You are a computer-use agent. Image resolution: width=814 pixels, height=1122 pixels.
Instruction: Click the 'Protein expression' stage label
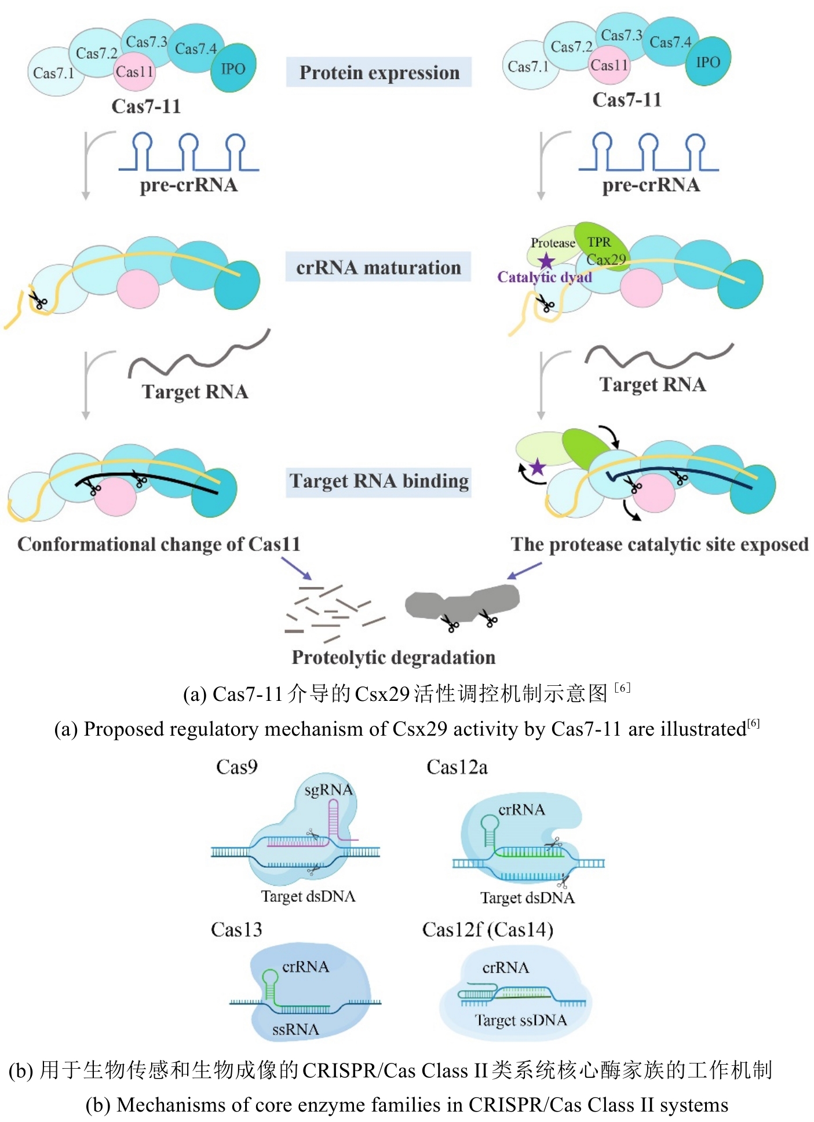click(379, 72)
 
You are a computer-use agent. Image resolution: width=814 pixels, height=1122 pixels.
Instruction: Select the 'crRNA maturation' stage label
click(378, 268)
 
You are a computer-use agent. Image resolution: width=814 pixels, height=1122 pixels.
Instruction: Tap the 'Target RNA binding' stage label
click(379, 481)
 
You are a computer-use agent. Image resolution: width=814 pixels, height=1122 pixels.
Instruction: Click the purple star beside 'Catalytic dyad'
click(546, 261)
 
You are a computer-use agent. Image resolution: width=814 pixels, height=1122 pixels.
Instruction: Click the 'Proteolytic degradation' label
click(393, 657)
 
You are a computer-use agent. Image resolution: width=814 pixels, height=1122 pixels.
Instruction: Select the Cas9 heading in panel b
click(236, 767)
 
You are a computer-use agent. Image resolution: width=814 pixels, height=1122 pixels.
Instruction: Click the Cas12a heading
click(457, 767)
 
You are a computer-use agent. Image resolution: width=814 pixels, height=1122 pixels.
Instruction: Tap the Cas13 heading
click(236, 929)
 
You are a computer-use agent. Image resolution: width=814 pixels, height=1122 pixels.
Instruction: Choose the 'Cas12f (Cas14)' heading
click(487, 929)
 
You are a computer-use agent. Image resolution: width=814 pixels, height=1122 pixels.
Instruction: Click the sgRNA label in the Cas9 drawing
click(328, 790)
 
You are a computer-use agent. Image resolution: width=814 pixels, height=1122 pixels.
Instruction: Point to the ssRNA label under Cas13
click(295, 1029)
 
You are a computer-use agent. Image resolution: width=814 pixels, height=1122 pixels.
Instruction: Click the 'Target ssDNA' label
click(520, 1020)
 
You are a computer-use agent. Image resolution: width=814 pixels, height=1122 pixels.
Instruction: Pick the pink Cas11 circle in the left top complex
click(134, 72)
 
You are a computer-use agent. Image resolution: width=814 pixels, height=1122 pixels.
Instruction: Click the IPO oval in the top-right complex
click(707, 62)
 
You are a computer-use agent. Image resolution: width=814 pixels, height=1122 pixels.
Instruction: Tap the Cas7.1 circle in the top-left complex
click(53, 73)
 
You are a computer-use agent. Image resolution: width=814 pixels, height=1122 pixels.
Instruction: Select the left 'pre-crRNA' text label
click(188, 185)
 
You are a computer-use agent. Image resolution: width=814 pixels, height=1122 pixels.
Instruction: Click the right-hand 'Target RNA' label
click(652, 385)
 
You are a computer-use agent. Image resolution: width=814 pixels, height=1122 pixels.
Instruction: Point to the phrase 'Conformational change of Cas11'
click(159, 544)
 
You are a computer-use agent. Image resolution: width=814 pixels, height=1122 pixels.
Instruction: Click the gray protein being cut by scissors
click(462, 604)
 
